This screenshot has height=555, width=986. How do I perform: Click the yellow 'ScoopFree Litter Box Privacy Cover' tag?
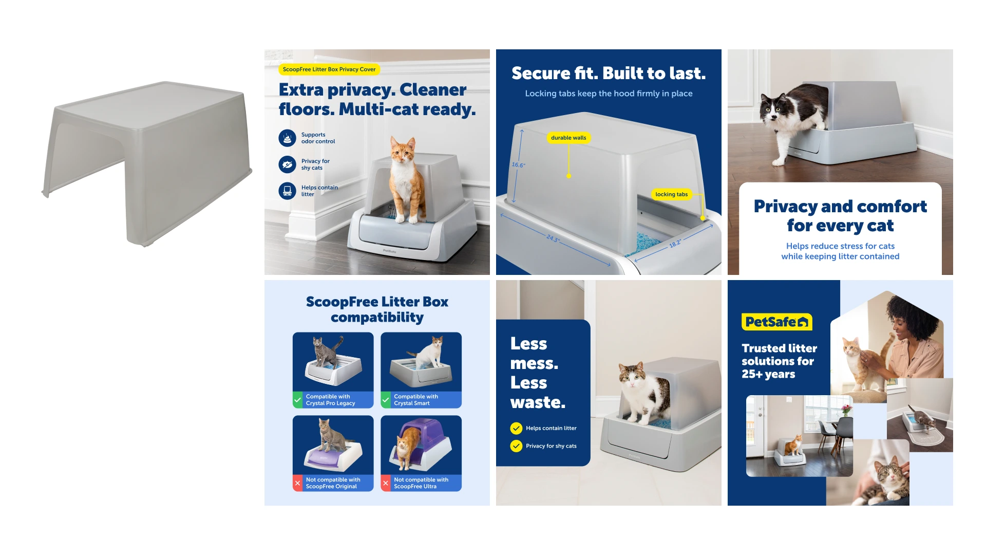pos(329,69)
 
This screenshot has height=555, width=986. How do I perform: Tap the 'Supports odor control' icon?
pos(288,138)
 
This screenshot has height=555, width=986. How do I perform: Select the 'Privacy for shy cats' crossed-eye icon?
pos(288,164)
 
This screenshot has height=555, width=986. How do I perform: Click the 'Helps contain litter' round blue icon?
pos(288,191)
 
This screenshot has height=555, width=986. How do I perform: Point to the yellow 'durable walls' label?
pos(568,138)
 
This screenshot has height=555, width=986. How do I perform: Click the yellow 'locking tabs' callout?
pos(671,194)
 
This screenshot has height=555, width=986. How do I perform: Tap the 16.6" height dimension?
pos(518,165)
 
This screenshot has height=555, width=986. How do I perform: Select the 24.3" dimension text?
pos(553,239)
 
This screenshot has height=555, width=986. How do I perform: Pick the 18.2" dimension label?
pos(675,243)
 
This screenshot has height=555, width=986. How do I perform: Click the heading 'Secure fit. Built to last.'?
pos(609,73)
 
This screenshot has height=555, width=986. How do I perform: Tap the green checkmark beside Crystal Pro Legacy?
pos(297,400)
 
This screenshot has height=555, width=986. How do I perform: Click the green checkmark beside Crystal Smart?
pos(386,400)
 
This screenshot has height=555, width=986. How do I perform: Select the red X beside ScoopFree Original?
pos(297,483)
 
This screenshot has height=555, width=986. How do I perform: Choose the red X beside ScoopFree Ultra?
pos(386,483)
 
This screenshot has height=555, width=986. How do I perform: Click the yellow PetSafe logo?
pos(777,322)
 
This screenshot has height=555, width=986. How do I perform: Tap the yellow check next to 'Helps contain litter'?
pos(516,428)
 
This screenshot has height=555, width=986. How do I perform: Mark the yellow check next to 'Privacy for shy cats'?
pos(516,446)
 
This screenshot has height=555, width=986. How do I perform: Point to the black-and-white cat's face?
pos(772,107)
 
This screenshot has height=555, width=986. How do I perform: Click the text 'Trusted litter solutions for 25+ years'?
pos(779,361)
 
